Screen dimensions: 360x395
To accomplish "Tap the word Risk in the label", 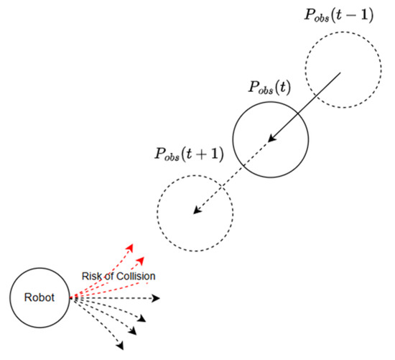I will coord(90,276).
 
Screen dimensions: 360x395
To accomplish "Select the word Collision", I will coord(136,276).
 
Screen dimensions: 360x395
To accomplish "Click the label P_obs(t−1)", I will coord(339,14).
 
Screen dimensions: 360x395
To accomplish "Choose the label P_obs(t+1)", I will coord(188,154).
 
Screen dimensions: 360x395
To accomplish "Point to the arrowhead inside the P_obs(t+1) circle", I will coord(195,211).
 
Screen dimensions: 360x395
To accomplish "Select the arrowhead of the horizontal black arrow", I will coord(156,297).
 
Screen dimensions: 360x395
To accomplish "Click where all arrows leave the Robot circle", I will coord(70,297).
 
